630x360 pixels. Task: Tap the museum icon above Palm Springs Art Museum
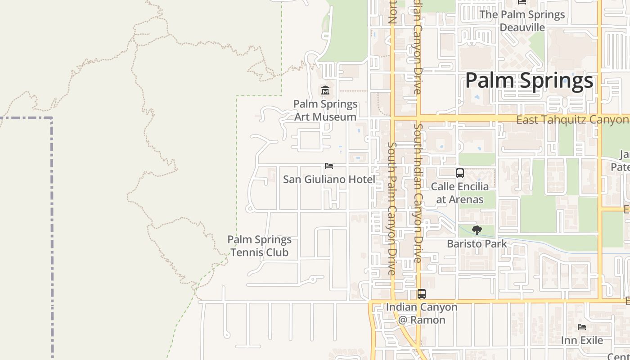[325, 90]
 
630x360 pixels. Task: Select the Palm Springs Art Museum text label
[325, 110]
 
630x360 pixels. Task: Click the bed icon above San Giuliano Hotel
[329, 166]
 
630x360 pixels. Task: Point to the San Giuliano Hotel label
[329, 180]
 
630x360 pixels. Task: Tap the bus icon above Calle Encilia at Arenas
[460, 173]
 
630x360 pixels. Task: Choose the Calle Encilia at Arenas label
[460, 193]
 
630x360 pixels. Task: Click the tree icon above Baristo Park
[477, 231]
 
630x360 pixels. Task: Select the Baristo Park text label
[477, 244]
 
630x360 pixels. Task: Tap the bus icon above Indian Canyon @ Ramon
[422, 294]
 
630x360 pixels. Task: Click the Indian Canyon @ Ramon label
[422, 314]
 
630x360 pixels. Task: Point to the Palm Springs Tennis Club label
[259, 246]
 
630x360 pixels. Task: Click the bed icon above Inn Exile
[582, 327]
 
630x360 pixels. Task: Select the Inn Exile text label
[582, 340]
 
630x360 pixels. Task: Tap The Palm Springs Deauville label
[522, 21]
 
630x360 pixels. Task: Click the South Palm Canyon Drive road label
[391, 208]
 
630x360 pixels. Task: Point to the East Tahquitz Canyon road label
[572, 120]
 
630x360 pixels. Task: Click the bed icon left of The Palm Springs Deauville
[522, 2]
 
